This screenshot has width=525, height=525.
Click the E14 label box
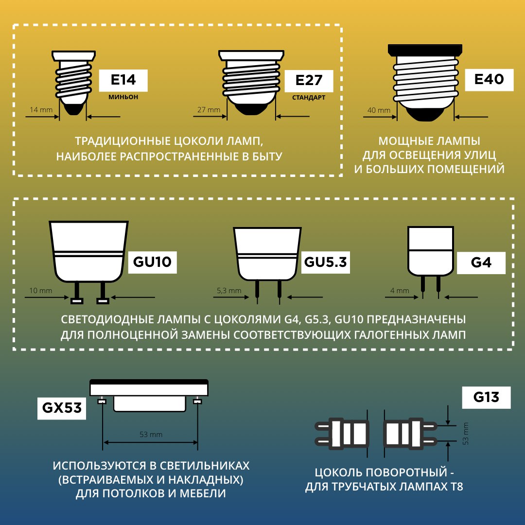123,80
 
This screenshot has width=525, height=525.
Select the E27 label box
309,81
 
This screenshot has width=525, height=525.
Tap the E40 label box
489,80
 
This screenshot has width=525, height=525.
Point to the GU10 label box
152,262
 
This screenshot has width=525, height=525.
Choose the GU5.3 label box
325,262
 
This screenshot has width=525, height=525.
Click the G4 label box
481,263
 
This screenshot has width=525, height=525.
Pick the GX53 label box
62,408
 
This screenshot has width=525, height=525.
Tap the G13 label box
486,398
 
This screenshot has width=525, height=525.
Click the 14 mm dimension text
41,109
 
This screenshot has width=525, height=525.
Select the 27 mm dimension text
209,109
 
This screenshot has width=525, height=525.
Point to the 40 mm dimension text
379,110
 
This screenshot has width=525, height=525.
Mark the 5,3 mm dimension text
229,291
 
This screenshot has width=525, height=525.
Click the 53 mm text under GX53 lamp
151,435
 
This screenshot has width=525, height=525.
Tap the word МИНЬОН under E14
123,97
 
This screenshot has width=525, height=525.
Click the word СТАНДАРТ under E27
309,98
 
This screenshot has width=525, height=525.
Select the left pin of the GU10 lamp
77,293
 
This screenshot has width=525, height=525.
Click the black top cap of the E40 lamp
425,51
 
